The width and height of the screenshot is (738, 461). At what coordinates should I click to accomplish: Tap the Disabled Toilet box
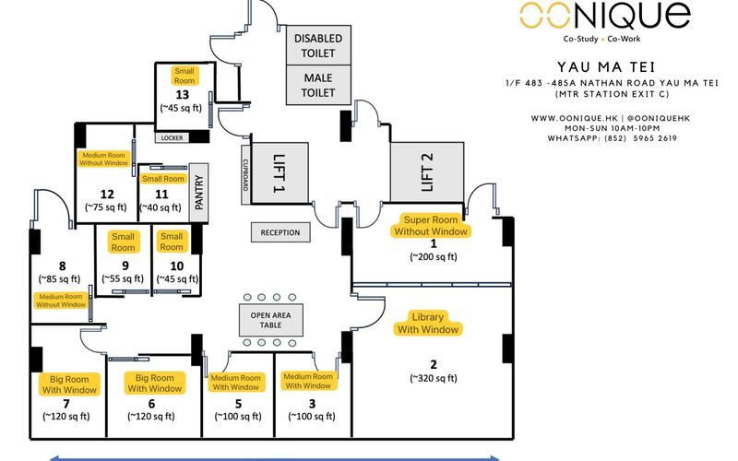pyautogui.click(x=318, y=45)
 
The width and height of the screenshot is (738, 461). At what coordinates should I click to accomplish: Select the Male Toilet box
pyautogui.click(x=318, y=85)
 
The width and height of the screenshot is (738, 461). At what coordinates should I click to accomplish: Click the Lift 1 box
pyautogui.click(x=278, y=171)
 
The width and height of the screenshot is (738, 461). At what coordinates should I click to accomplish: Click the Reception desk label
pyautogui.click(x=280, y=232)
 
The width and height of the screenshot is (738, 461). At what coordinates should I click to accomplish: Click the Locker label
pyautogui.click(x=173, y=137)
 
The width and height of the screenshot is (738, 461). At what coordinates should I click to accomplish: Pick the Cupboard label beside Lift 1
pyautogui.click(x=245, y=172)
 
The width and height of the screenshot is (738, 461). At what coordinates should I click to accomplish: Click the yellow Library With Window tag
pyautogui.click(x=427, y=323)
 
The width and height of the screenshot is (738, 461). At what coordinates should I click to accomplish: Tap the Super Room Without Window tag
pyautogui.click(x=433, y=225)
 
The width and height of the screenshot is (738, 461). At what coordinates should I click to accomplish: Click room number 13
pyautogui.click(x=181, y=93)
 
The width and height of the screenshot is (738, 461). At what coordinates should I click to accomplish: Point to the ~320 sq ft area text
pyautogui.click(x=434, y=376)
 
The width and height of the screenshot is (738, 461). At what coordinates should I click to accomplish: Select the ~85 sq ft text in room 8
pyautogui.click(x=61, y=277)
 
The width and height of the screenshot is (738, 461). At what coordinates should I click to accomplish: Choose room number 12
pyautogui.click(x=106, y=194)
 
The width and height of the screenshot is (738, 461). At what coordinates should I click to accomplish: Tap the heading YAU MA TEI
pyautogui.click(x=604, y=67)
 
